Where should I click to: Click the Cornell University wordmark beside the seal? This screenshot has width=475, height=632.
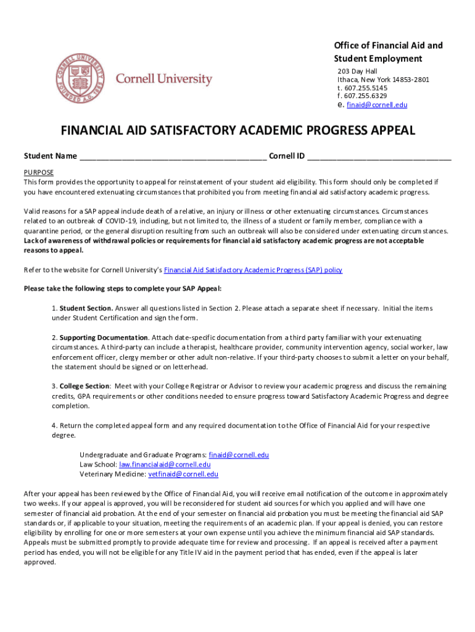coord(164,80)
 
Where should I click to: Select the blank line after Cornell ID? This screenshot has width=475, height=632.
coord(379,156)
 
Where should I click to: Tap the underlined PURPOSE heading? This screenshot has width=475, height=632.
coord(38,172)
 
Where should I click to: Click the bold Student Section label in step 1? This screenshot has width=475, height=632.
coord(86,308)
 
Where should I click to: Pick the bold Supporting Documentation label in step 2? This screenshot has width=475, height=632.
coord(104,338)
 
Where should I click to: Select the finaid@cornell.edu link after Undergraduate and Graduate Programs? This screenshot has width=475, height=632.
coord(239,455)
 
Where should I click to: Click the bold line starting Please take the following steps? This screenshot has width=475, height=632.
coord(122,289)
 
